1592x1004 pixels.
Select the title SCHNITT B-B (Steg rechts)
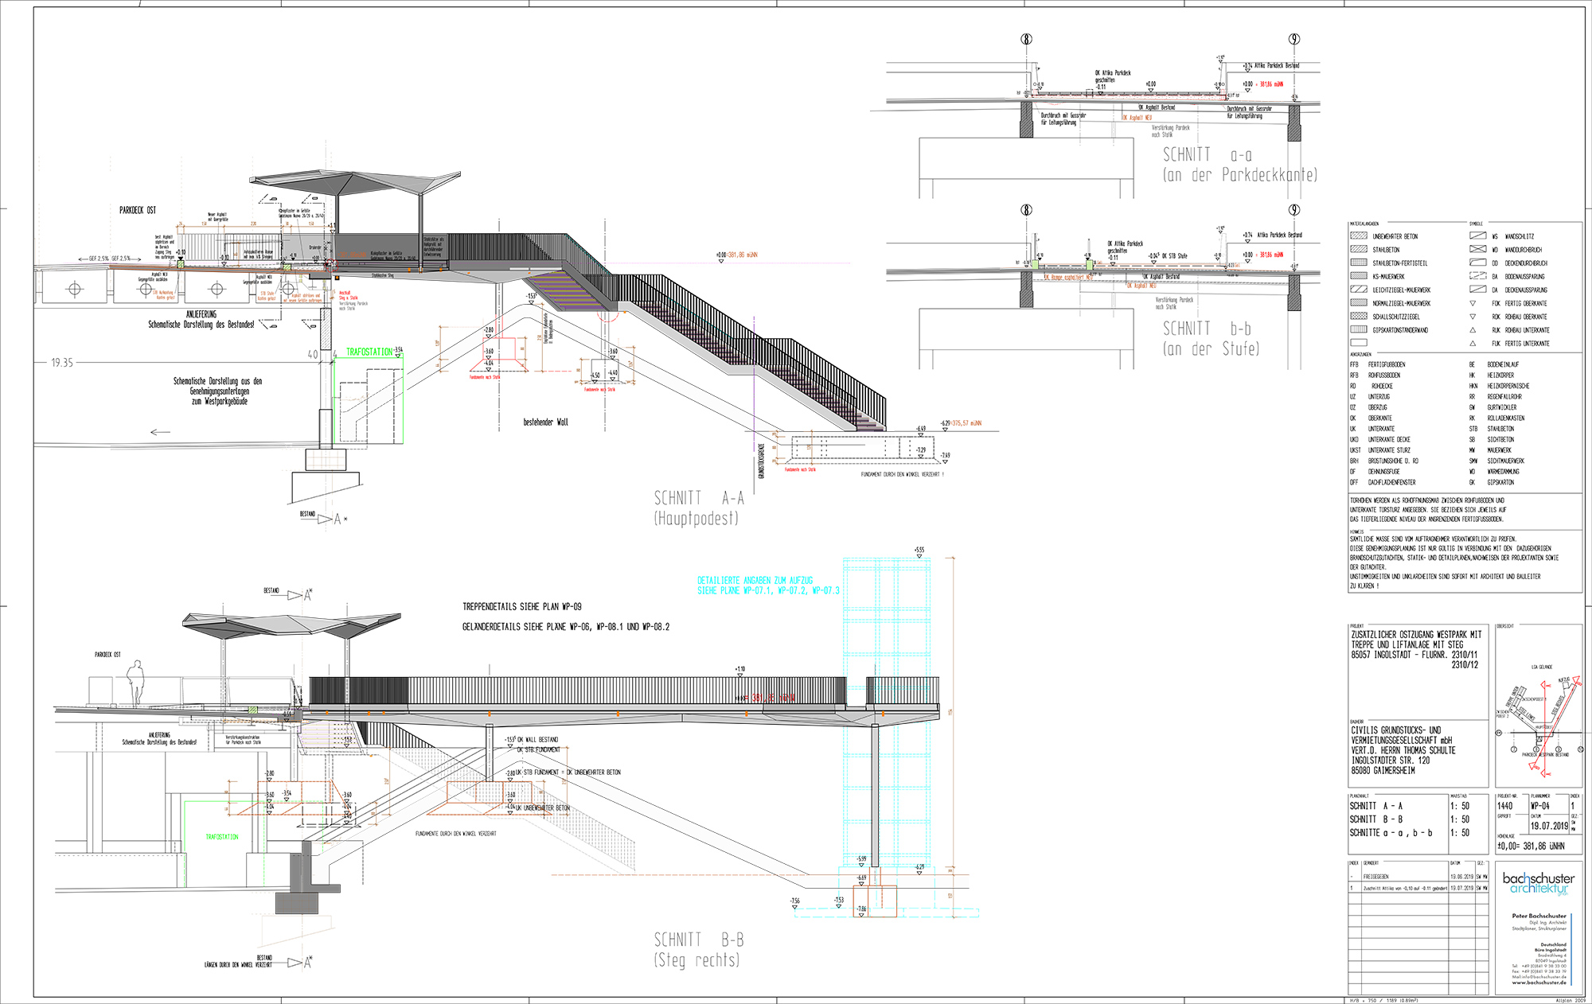click(698, 949)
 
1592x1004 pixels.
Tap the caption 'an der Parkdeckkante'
click(1239, 175)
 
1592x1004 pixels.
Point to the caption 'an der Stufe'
click(1211, 348)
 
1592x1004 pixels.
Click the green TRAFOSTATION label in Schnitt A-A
click(369, 352)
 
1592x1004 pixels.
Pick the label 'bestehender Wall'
click(545, 422)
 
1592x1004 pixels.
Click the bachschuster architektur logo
click(1538, 883)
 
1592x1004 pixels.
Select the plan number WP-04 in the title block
click(1540, 806)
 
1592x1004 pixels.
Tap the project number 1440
click(1505, 806)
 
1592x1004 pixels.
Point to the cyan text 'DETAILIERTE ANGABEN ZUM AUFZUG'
click(755, 581)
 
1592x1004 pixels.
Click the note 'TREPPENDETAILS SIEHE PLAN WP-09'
click(521, 607)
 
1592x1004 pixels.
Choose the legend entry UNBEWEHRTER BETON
click(1395, 236)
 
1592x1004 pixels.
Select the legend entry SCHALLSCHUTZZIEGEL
click(1395, 317)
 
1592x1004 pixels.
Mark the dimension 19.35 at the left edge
click(62, 363)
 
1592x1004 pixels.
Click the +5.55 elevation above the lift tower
click(919, 550)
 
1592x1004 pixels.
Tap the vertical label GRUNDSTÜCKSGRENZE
click(762, 461)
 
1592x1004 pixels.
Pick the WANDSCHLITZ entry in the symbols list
click(1519, 236)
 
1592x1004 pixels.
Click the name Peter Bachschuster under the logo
click(1539, 916)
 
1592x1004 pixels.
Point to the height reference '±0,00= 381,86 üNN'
click(1530, 846)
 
